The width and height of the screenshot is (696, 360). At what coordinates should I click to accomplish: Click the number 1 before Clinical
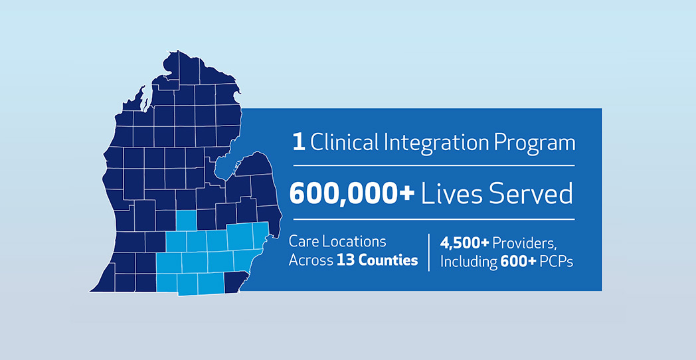point(299,143)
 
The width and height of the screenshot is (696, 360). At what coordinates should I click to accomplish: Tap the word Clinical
point(344,143)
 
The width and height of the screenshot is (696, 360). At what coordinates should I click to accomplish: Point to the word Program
point(531,145)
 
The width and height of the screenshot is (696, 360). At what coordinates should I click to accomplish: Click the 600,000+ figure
point(352,195)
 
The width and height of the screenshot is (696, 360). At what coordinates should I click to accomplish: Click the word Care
point(304,242)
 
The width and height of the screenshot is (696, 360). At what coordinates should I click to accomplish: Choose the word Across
point(311,260)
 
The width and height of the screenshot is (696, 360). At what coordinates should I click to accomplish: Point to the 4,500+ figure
point(464,243)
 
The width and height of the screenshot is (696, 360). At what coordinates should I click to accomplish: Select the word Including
point(468,262)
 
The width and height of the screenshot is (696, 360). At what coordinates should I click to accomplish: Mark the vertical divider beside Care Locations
point(429,252)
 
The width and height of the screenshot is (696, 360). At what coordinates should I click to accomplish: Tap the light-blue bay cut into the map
point(226,164)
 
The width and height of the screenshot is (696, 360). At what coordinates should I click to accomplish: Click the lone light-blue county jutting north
point(187,221)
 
